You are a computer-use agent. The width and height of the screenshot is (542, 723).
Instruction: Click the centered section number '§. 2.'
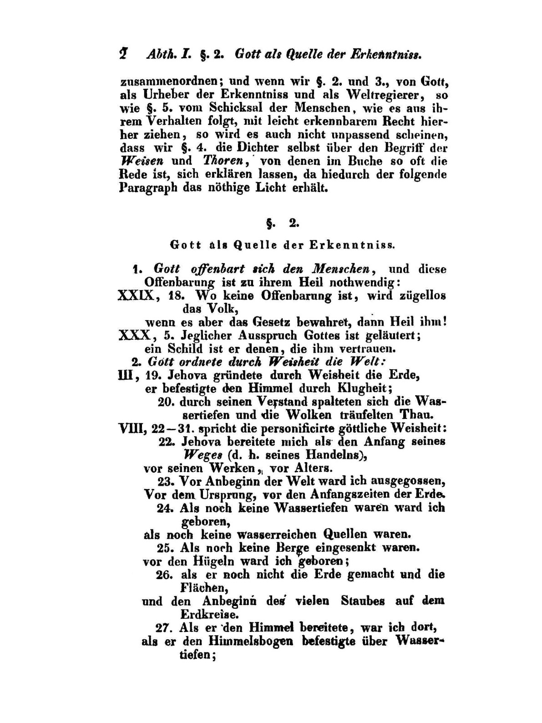(281, 224)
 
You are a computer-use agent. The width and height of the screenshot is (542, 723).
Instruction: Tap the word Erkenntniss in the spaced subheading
(352, 245)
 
